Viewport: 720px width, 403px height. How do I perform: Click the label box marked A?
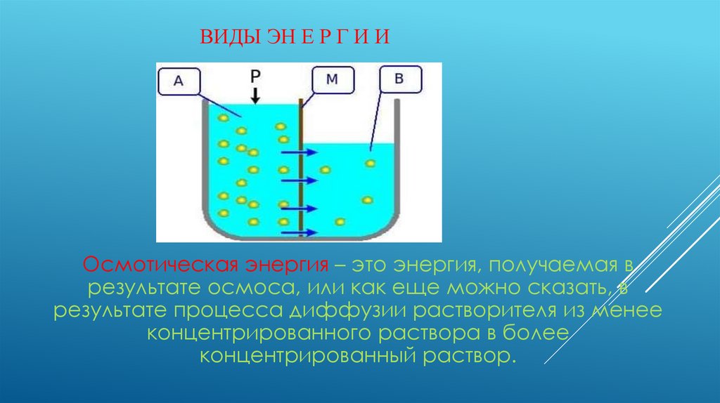click(178, 81)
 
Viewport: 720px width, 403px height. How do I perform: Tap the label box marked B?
click(399, 79)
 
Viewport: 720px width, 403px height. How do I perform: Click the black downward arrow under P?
click(255, 95)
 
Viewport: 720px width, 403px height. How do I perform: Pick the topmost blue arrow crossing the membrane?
click(293, 152)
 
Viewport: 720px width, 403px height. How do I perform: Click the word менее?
click(632, 310)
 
